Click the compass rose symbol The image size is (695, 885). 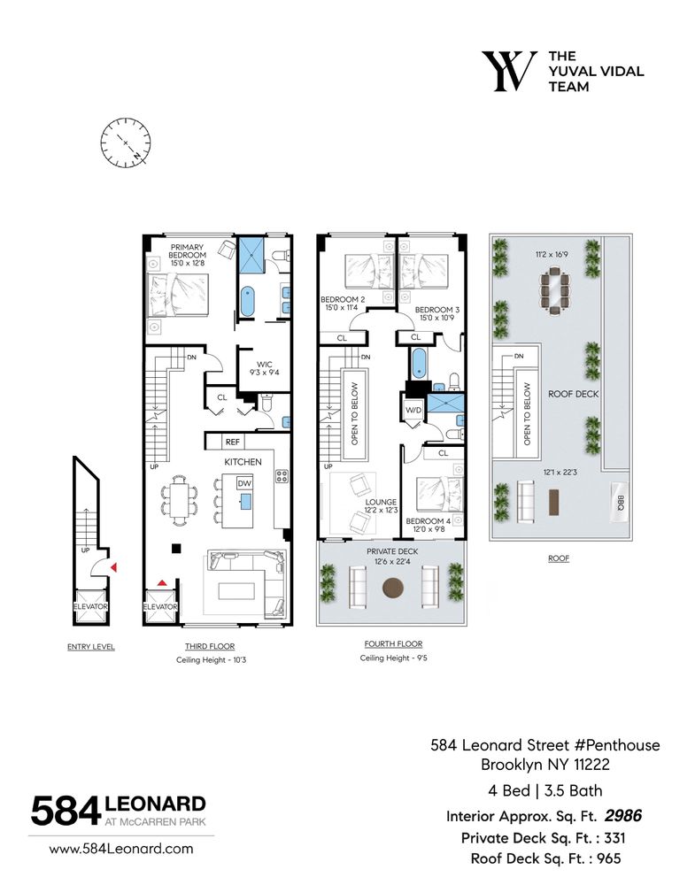point(125,142)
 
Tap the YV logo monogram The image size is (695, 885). point(508,71)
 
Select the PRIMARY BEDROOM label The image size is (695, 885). point(188,253)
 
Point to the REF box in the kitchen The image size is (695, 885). point(233,441)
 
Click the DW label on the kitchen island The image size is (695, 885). point(245,483)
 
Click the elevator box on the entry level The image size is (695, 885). point(90,606)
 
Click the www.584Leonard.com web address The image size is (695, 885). point(120,848)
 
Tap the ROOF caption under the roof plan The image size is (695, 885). point(558,558)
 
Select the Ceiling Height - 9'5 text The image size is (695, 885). point(392,658)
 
